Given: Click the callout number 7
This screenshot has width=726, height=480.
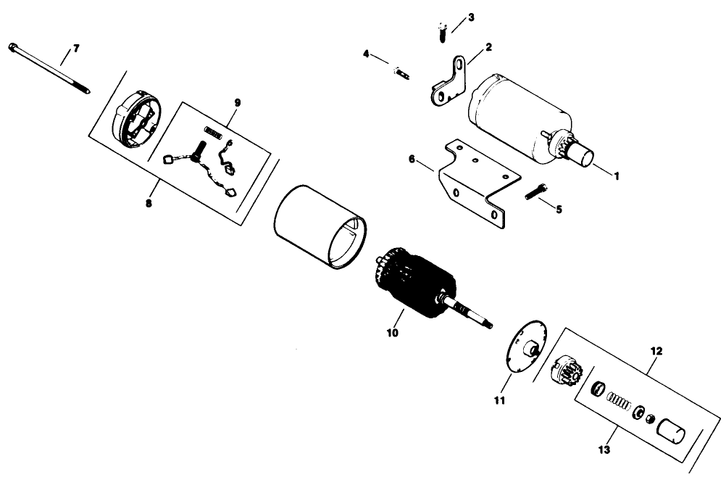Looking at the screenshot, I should pos(76,49).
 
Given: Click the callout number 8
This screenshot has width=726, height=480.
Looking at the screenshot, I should pos(149,204).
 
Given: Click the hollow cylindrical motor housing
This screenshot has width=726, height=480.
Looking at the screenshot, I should pos(319,225).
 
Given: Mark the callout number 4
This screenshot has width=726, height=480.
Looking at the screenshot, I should pos(367,54).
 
